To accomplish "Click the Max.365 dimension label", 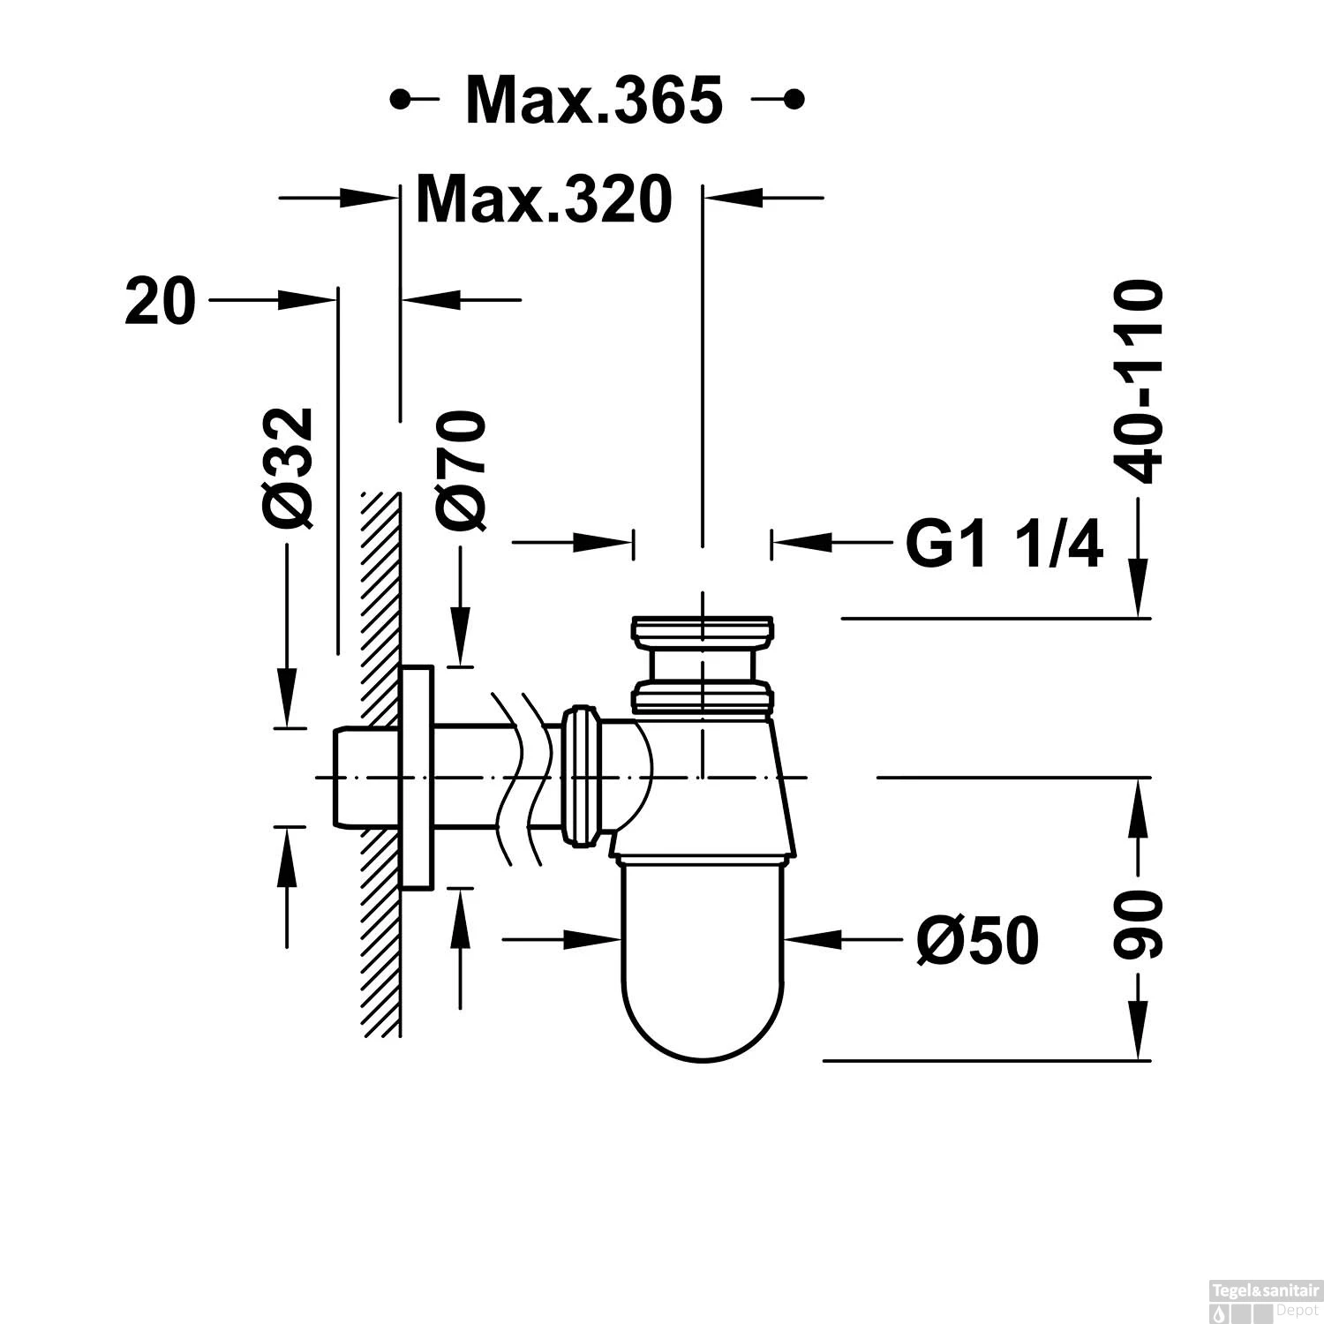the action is click(x=594, y=100).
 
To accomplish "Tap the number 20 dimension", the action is click(x=160, y=300).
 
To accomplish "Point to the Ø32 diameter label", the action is click(x=290, y=468).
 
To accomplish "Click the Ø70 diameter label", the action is click(x=461, y=471).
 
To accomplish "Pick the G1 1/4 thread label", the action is click(x=1004, y=545).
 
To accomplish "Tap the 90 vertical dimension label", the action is click(x=1137, y=925).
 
